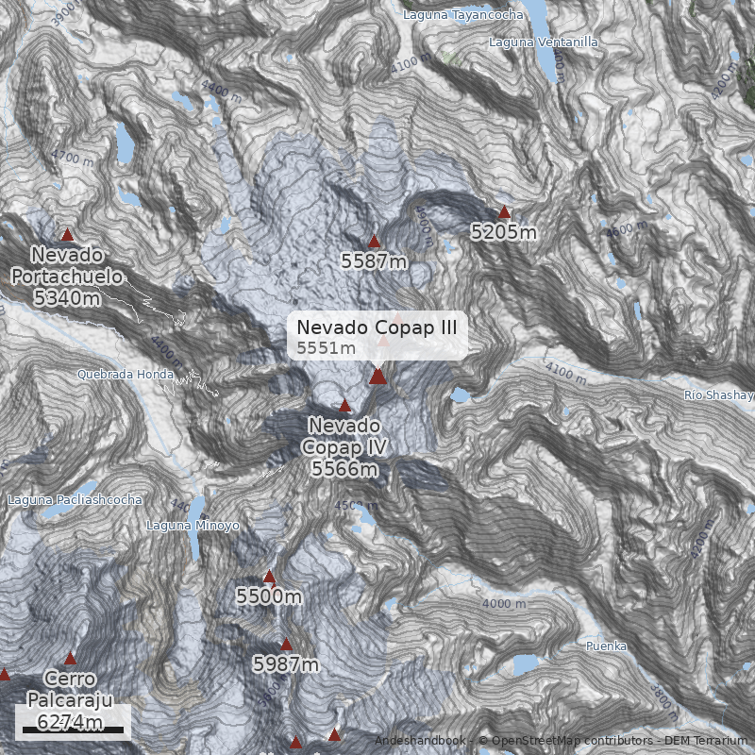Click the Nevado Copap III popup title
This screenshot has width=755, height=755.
tap(377, 327)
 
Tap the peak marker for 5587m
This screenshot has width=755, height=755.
tap(374, 242)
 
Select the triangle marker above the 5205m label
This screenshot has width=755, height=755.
tap(504, 212)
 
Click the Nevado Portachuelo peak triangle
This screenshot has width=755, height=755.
tap(67, 235)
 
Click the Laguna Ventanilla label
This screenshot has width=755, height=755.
tap(543, 42)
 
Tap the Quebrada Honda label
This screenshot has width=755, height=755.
tap(126, 375)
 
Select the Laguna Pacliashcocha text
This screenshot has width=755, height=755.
tap(75, 499)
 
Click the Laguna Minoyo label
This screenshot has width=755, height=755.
tap(193, 526)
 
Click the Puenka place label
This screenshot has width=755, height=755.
tap(606, 646)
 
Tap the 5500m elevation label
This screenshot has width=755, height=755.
tap(269, 596)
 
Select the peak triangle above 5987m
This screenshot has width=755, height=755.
tap(287, 646)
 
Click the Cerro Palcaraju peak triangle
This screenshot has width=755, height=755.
tap(69, 658)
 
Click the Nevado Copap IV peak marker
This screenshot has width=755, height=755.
tap(344, 406)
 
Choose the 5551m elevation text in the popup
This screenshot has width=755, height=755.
tap(326, 348)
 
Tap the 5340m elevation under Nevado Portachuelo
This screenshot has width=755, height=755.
tap(67, 297)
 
